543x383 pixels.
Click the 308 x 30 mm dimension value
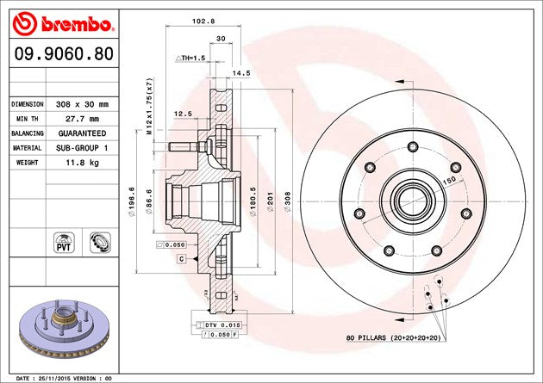(x=78, y=103)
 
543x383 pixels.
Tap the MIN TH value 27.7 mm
(x=78, y=119)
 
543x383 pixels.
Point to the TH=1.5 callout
(x=192, y=58)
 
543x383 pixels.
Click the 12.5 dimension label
(x=183, y=114)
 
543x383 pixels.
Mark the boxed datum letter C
(x=182, y=258)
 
